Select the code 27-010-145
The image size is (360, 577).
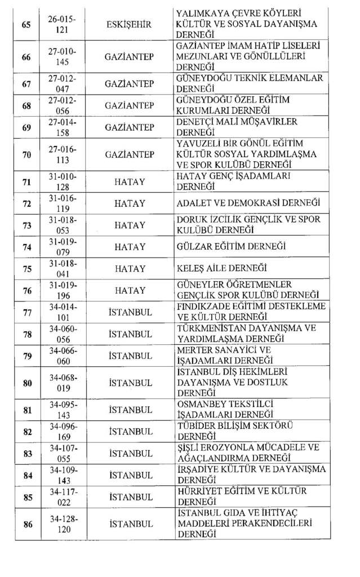tap(62, 57)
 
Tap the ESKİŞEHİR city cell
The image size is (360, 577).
tap(129, 24)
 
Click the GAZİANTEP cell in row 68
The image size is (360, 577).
tap(129, 105)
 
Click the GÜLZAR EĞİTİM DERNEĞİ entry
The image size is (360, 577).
tap(231, 246)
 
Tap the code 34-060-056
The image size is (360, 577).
tap(62, 334)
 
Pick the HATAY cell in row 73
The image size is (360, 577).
tap(130, 225)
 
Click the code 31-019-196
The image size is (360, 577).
tap(62, 290)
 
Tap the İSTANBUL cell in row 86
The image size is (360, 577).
tap(130, 524)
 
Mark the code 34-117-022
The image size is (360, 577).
tap(62, 497)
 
